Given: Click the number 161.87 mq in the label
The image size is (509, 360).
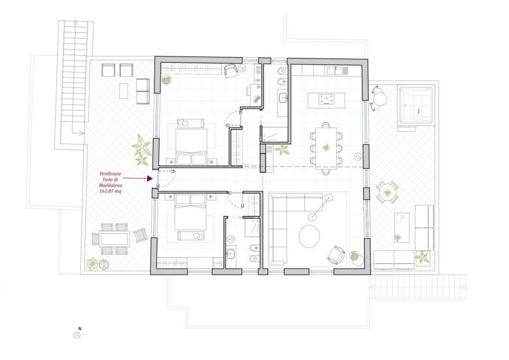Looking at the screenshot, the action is pyautogui.click(x=110, y=191).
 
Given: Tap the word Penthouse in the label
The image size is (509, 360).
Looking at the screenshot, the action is pyautogui.click(x=110, y=174).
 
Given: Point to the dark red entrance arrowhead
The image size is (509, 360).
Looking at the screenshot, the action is pyautogui.click(x=149, y=178).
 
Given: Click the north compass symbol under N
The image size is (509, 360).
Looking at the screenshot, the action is pyautogui.click(x=77, y=336).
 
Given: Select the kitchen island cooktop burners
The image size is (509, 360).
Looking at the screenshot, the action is pyautogui.click(x=326, y=99).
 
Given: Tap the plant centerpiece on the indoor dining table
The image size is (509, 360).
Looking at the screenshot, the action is pyautogui.click(x=326, y=147).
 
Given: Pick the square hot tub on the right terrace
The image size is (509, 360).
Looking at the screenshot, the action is pyautogui.click(x=416, y=105).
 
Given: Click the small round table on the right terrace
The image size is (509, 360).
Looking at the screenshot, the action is pyautogui.click(x=387, y=192).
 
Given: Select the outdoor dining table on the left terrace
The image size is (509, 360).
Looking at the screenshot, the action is pyautogui.click(x=115, y=239).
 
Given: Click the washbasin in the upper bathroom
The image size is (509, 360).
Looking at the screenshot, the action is pyautogui.click(x=283, y=97).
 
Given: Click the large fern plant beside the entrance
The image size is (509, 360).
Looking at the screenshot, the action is pyautogui.click(x=141, y=150).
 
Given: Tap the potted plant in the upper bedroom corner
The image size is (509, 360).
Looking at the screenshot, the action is pyautogui.click(x=166, y=80).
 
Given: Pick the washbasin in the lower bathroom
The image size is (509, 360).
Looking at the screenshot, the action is pyautogui.click(x=231, y=254).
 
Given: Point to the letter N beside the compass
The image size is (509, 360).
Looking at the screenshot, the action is pyautogui.click(x=80, y=329).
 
